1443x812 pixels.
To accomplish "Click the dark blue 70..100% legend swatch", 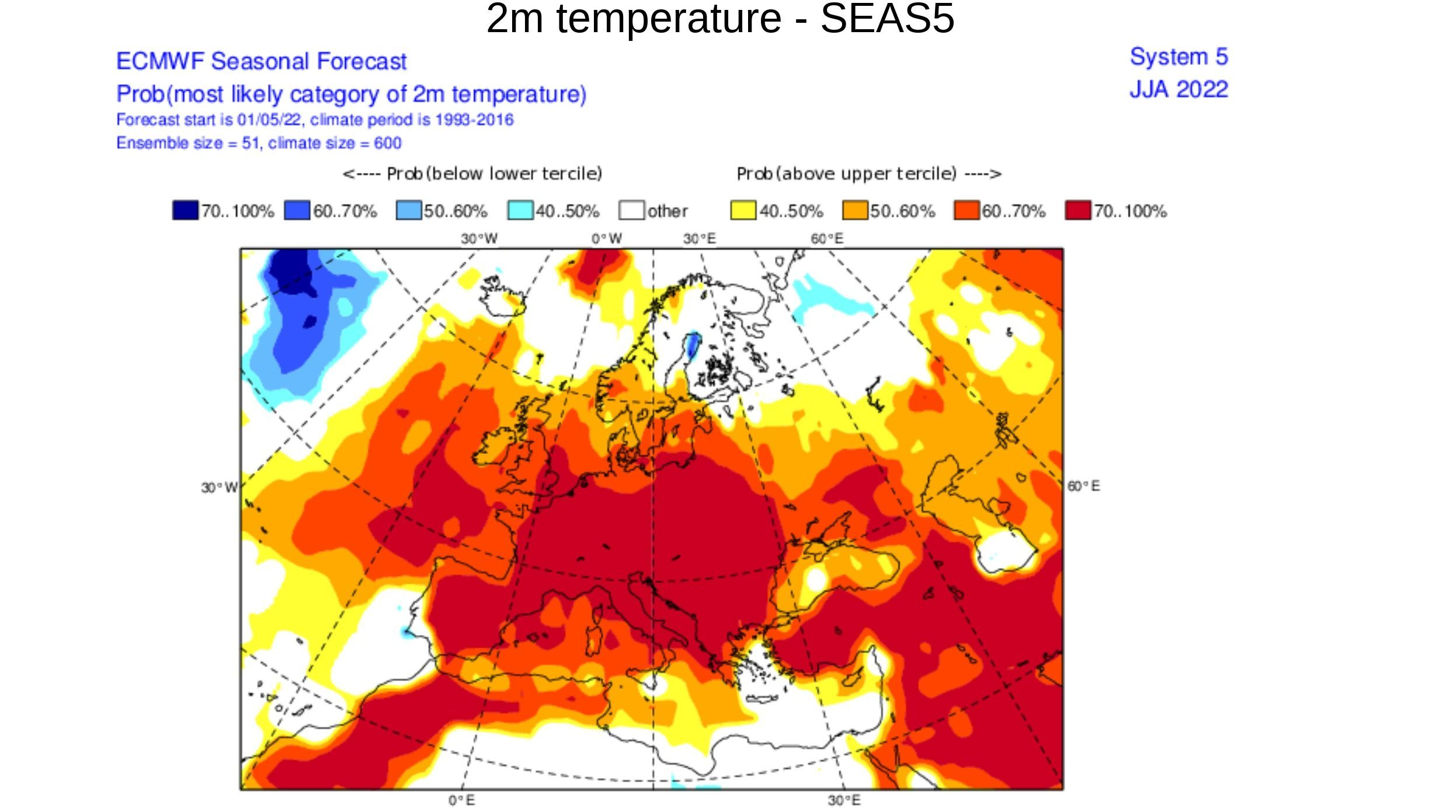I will (x=185, y=210).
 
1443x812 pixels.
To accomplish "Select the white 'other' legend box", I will (x=631, y=210).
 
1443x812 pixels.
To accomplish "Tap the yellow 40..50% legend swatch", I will (x=743, y=210).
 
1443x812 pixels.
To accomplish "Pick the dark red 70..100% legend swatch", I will (x=1077, y=210).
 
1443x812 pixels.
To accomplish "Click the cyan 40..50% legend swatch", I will (x=520, y=210).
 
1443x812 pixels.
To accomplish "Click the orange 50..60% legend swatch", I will (x=854, y=210).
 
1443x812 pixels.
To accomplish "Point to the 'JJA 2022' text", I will (x=1178, y=89).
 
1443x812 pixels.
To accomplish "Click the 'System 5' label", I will (x=1178, y=57).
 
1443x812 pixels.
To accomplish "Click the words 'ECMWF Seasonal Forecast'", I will (x=261, y=61).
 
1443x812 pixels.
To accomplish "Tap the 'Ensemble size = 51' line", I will (x=259, y=143).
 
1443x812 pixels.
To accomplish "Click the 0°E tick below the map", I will (x=461, y=800).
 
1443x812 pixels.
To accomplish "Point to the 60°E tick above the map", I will (x=826, y=238).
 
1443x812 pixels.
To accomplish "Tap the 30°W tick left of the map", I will (x=219, y=487).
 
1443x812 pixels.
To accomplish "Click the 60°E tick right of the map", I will (x=1083, y=486).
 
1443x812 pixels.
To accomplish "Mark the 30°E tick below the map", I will (x=843, y=800).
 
